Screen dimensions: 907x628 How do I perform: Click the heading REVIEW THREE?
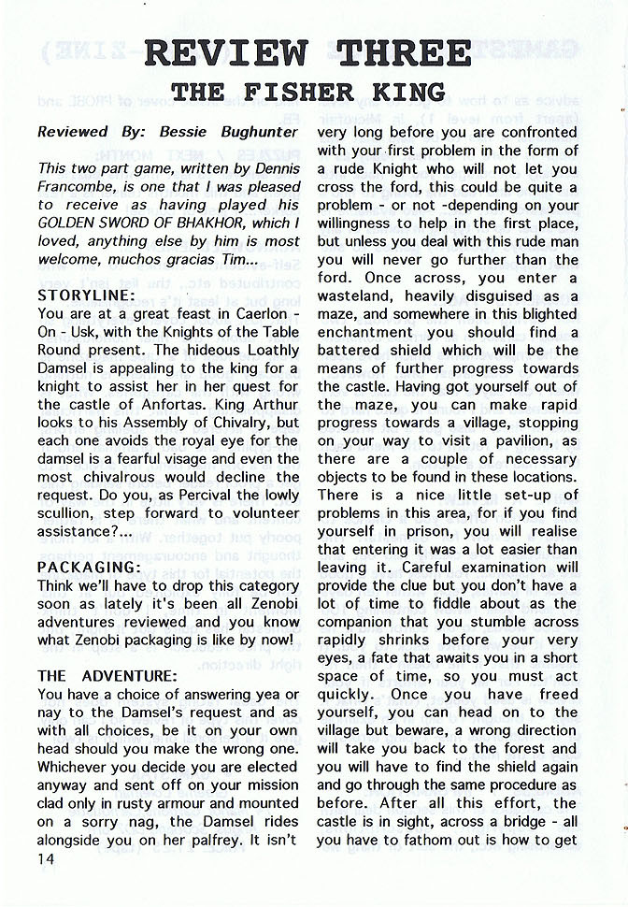click(x=307, y=53)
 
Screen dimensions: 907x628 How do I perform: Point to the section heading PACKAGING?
click(x=89, y=568)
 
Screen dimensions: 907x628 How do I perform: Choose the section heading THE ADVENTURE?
click(x=107, y=675)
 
